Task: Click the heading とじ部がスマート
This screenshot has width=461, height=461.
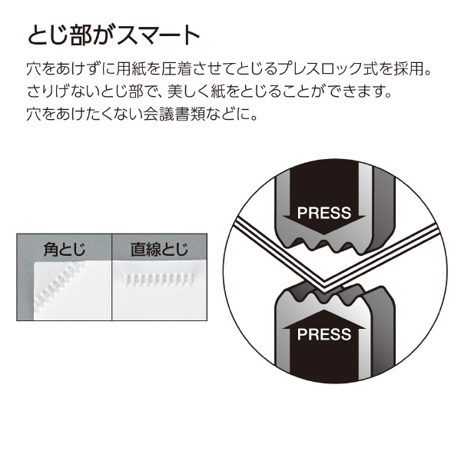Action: point(114,35)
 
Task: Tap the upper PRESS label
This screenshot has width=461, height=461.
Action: point(324,213)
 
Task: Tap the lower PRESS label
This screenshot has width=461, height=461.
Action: point(324,334)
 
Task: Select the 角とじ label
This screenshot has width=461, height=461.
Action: point(64,249)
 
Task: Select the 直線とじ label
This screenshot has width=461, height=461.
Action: point(159,249)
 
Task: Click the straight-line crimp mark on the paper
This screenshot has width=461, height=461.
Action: point(158,280)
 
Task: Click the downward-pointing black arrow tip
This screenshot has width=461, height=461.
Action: point(324,234)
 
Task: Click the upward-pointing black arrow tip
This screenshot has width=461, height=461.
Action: point(324,310)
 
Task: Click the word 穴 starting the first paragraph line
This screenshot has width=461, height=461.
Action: point(34,68)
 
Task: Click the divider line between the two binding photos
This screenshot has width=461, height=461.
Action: point(111,277)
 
